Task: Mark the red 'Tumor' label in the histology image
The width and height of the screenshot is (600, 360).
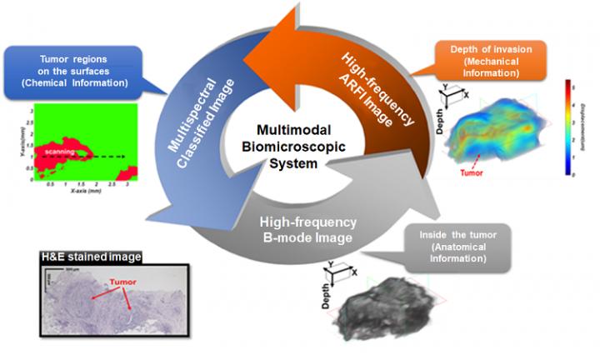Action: point(127,282)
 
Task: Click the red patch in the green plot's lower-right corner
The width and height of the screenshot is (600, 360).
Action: point(127,173)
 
